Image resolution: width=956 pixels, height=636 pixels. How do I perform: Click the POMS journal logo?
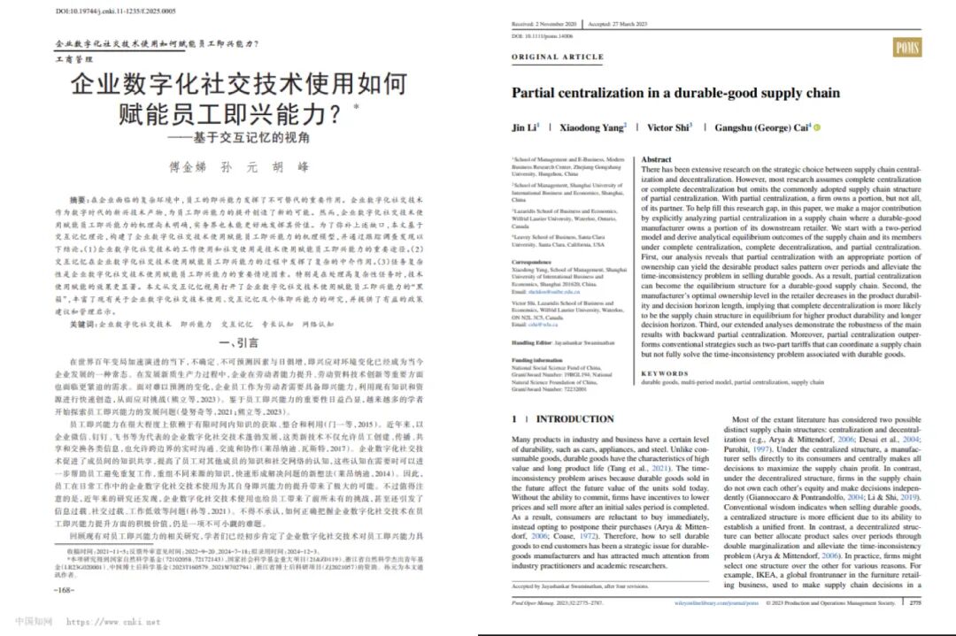pos(906,47)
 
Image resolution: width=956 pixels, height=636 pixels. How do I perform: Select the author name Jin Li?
pos(522,127)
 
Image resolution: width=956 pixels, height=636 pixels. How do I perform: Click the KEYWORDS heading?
pos(665,373)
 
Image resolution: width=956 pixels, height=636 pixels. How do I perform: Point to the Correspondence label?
pos(535,264)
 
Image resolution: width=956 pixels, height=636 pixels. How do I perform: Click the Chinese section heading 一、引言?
pos(231,342)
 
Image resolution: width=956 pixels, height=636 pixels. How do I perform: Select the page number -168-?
pos(65,588)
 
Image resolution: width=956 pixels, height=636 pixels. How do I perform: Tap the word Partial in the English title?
pos(536,93)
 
